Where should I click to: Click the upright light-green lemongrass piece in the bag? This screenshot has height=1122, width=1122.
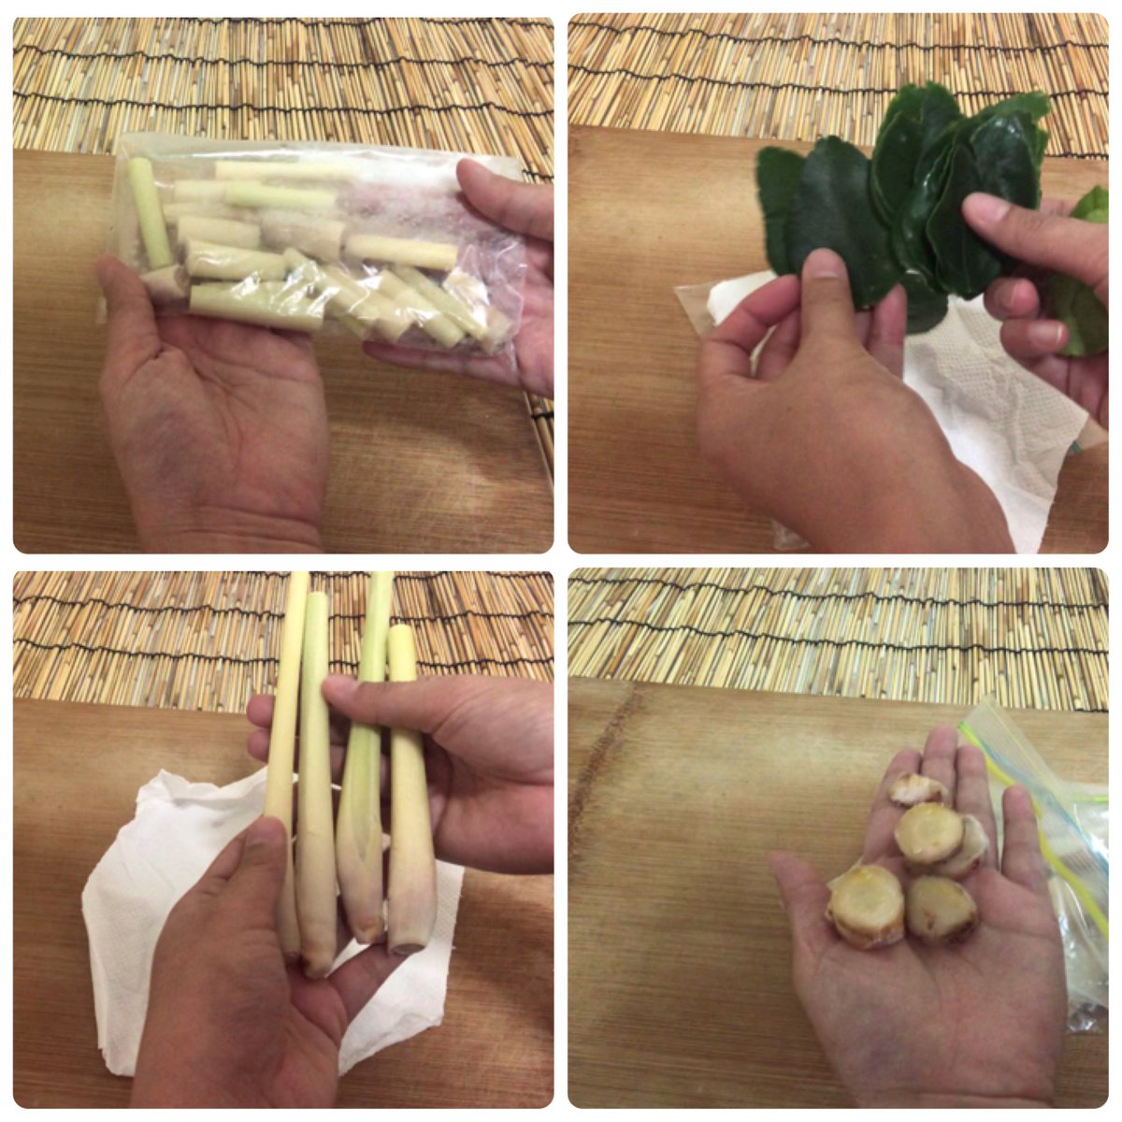click(150, 213)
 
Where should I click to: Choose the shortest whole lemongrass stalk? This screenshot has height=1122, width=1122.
click(410, 795)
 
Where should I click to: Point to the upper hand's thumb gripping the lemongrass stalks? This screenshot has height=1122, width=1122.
click(374, 697)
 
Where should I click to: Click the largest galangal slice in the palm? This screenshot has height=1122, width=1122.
click(867, 905)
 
